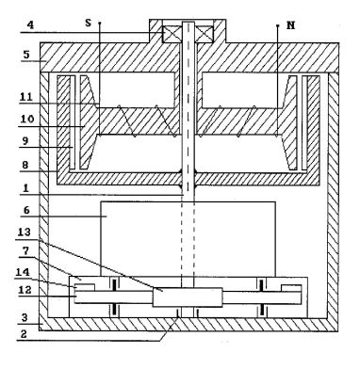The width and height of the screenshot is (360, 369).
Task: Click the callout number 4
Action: pyautogui.click(x=30, y=25)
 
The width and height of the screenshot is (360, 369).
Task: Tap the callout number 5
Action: pyautogui.click(x=26, y=55)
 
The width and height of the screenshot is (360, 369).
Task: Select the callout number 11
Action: pyautogui.click(x=26, y=97)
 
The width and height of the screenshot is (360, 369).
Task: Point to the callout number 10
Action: pyautogui.click(x=27, y=120)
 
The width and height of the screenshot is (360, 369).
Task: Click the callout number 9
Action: pyautogui.click(x=25, y=141)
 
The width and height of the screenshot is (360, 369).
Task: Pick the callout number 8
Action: pyautogui.click(x=25, y=165)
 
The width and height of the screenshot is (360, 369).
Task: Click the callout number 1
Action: pyautogui.click(x=25, y=188)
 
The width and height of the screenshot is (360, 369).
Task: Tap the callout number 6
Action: pyautogui.click(x=26, y=210)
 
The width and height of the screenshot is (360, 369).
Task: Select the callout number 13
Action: pyautogui.click(x=25, y=233)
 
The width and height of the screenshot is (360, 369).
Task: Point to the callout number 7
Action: pyautogui.click(x=24, y=251)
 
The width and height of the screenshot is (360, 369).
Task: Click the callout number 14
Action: pyautogui.click(x=23, y=272)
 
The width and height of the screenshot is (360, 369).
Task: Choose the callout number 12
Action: pyautogui.click(x=25, y=290)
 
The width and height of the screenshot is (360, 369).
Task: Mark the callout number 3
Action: pyautogui.click(x=25, y=317)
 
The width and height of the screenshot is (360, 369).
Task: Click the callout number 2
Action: pyautogui.click(x=24, y=334)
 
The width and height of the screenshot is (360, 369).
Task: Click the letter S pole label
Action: pyautogui.click(x=89, y=24)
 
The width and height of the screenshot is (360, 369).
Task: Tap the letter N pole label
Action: pyautogui.click(x=291, y=25)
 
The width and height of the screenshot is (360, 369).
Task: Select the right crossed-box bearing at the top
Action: pyautogui.click(x=205, y=34)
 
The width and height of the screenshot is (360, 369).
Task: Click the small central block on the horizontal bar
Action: pyautogui.click(x=188, y=297)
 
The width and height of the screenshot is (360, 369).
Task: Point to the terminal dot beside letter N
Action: pyautogui.click(x=277, y=25)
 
